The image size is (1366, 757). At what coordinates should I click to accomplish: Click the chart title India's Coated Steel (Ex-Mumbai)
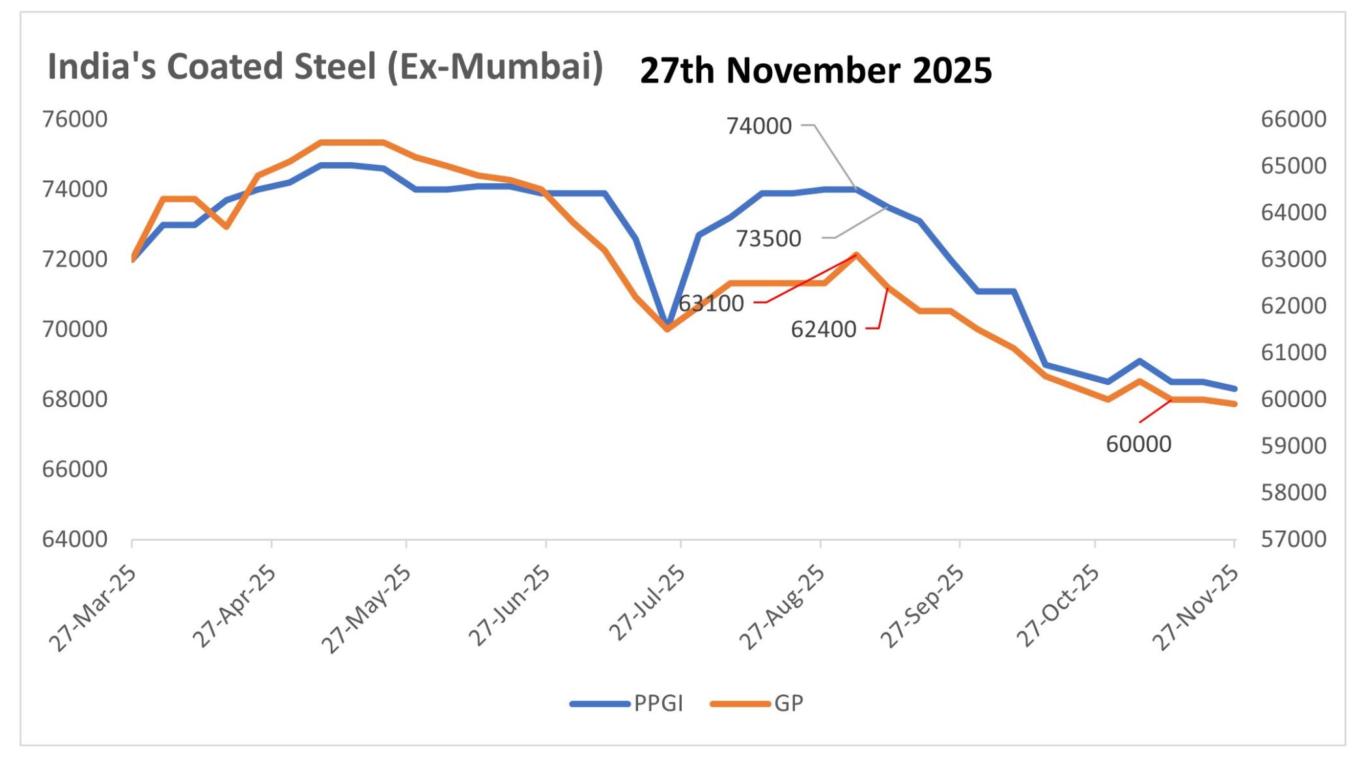click(325, 67)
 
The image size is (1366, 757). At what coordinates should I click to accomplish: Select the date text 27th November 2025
click(815, 70)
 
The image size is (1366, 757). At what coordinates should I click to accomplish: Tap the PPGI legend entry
click(658, 704)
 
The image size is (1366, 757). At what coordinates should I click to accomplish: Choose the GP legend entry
click(788, 704)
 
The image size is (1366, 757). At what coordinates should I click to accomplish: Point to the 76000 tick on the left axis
click(74, 119)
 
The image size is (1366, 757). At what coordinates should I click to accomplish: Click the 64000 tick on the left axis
click(74, 539)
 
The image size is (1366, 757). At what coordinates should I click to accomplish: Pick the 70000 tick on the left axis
click(74, 330)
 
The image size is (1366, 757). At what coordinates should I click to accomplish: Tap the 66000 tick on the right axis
click(1293, 119)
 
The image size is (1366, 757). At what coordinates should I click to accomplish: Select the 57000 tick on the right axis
click(1293, 539)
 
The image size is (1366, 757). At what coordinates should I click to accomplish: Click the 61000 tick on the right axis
click(1293, 352)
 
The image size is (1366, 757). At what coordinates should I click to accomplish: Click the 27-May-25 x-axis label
click(366, 608)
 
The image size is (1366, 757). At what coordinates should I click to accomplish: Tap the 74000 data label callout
click(759, 126)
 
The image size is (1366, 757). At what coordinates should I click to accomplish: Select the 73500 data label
click(768, 238)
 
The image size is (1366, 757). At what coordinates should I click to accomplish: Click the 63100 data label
click(711, 304)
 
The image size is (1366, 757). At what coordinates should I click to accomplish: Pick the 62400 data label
click(823, 330)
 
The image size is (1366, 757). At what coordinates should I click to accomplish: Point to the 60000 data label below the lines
click(1138, 444)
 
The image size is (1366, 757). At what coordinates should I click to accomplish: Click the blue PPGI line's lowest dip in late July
click(667, 322)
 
